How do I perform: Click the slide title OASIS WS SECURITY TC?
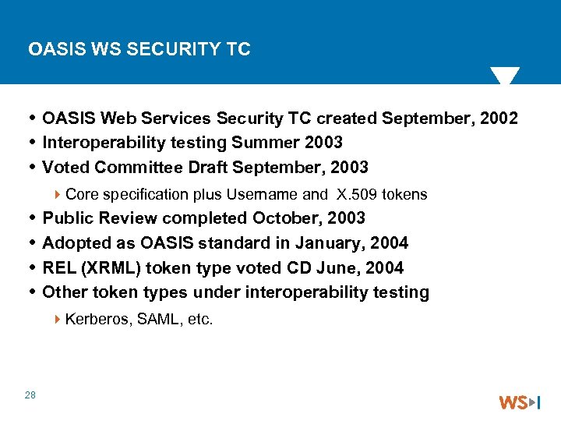[x=139, y=49]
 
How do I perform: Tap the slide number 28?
[x=30, y=395]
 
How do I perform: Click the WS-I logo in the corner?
[x=519, y=402]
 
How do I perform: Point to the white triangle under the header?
[x=504, y=76]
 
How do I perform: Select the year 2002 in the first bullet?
[x=499, y=119]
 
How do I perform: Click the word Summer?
[x=261, y=143]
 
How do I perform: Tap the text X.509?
[x=358, y=194]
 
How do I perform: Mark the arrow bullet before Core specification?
[x=59, y=194]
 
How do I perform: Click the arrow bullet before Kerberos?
[x=59, y=319]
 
